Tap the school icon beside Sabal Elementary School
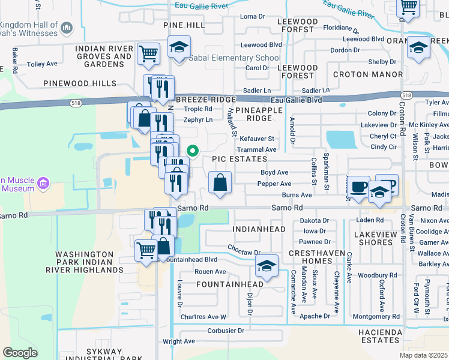(179, 47)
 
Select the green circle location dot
(193, 151)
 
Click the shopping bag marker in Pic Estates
(220, 182)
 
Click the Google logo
(20, 352)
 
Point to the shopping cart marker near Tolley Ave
(148, 53)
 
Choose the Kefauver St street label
(256, 139)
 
